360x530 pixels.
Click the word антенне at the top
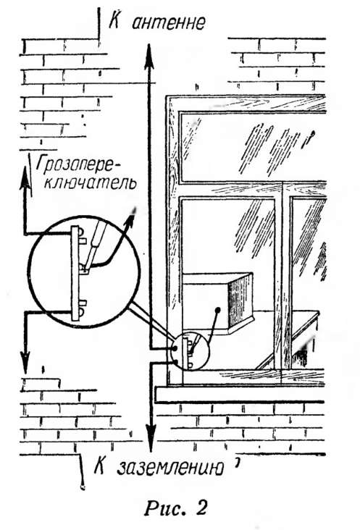(x=167, y=22)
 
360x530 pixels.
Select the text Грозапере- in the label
(x=78, y=166)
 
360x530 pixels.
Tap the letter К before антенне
(x=114, y=22)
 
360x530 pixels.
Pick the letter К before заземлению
(x=99, y=467)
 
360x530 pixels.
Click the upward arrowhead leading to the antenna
(x=149, y=56)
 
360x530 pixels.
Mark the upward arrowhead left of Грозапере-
(x=25, y=178)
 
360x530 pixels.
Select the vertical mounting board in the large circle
(x=75, y=273)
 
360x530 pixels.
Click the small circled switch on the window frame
(x=190, y=351)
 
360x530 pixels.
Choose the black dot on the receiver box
(x=218, y=309)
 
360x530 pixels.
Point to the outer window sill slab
(x=240, y=395)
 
